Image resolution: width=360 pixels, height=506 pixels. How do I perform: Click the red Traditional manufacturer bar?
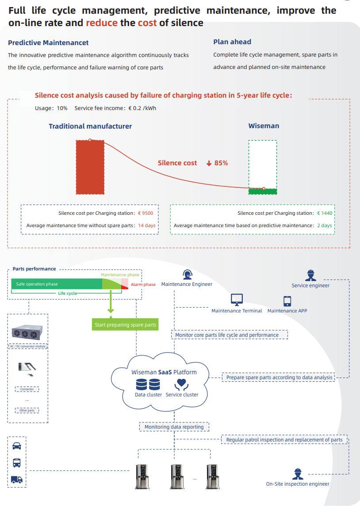click(90, 167)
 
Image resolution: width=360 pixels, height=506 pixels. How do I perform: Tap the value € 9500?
click(146, 213)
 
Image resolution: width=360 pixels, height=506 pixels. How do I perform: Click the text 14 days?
click(147, 225)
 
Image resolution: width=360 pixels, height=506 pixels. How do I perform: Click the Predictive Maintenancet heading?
click(48, 43)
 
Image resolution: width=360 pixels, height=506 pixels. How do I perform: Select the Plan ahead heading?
click(232, 42)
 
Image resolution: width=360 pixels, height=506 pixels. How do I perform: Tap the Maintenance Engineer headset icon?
click(187, 274)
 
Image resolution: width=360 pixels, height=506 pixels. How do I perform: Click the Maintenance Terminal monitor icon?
click(237, 300)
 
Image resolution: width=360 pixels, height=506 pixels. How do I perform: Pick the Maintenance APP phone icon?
click(287, 301)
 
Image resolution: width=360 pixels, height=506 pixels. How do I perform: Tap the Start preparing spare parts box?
click(125, 325)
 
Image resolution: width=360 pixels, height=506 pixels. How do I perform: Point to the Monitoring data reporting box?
click(174, 427)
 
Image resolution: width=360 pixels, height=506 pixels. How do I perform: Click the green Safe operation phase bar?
click(57, 284)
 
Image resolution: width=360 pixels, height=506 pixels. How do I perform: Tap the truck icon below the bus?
click(17, 479)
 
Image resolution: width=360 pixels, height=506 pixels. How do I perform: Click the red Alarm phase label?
click(143, 285)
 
